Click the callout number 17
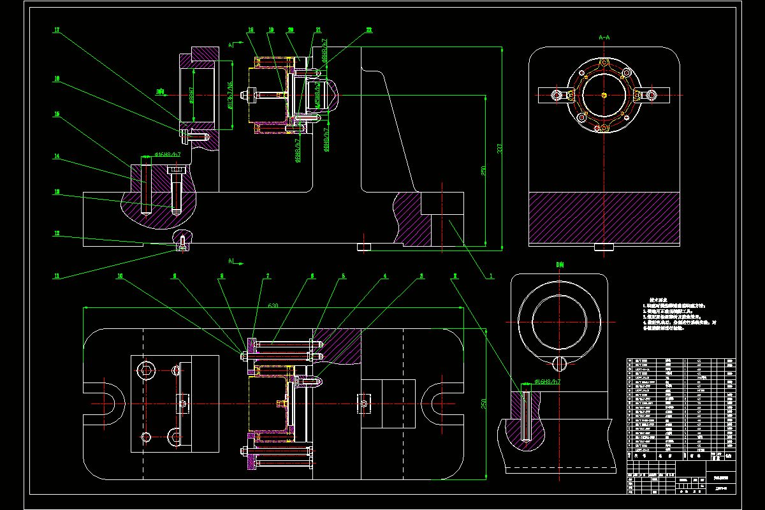57,30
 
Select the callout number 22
368,30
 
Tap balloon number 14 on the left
57,156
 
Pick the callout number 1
491,277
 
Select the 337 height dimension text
500,149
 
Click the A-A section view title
604,38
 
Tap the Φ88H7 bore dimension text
191,95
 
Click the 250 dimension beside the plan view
483,403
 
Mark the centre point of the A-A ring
604,95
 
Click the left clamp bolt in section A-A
557,96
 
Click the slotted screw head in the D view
559,364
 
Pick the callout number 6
312,277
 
